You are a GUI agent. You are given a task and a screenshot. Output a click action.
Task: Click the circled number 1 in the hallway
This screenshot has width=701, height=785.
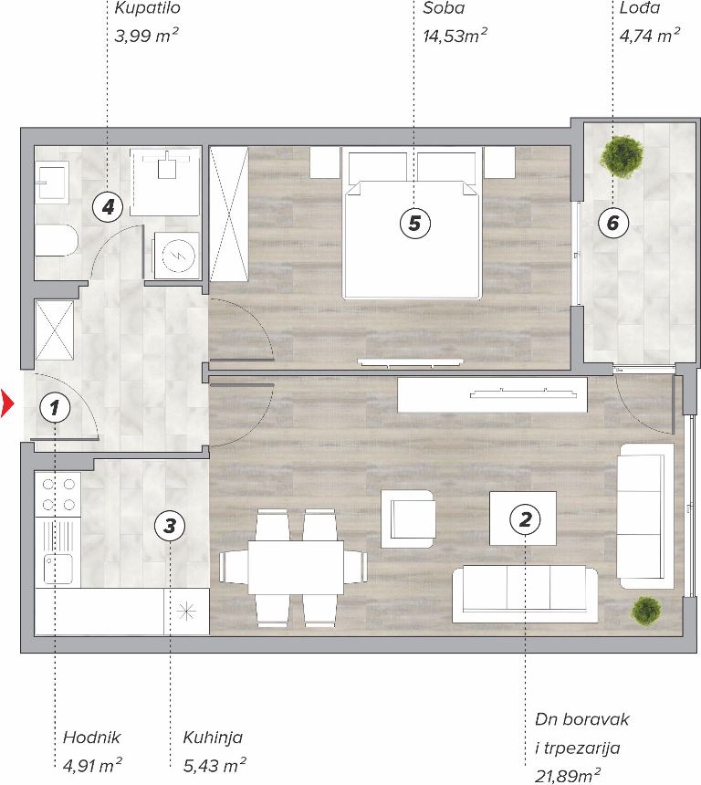click(54, 407)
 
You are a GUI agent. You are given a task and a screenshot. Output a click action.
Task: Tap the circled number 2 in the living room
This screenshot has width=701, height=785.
click(525, 519)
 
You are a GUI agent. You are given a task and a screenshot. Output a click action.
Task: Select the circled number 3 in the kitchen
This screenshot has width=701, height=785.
click(170, 526)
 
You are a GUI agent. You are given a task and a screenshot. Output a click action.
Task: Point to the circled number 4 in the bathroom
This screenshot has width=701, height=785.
click(108, 206)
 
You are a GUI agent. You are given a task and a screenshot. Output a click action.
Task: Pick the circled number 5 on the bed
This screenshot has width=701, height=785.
click(414, 223)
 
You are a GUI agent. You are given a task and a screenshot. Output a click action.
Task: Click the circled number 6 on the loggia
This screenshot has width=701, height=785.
click(613, 223)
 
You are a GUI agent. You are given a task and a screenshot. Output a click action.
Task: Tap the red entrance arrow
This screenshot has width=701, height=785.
click(7, 403)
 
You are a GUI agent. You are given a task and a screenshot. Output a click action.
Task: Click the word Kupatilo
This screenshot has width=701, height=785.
click(147, 8)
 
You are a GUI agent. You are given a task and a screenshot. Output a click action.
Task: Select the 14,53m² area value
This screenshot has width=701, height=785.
click(455, 36)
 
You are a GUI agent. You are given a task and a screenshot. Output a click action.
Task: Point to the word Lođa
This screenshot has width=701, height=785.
click(640, 7)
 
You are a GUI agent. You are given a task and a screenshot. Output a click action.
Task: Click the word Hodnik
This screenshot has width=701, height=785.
click(91, 737)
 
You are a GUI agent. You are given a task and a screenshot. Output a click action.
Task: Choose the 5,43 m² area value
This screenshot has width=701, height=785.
click(214, 765)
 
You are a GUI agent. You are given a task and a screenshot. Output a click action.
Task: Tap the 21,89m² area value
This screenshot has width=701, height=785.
click(568, 776)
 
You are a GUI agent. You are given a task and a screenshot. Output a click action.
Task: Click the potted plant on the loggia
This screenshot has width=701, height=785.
click(622, 157)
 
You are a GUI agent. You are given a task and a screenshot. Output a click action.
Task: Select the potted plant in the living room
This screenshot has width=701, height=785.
click(646, 611)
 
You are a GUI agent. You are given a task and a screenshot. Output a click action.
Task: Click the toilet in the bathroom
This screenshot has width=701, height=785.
click(57, 241)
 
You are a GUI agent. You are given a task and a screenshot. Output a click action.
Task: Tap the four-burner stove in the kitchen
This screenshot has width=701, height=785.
click(58, 495)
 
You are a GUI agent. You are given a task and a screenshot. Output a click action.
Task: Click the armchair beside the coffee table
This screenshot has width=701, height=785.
click(408, 518)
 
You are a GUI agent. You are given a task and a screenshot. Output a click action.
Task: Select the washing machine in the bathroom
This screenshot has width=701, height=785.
click(177, 256)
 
